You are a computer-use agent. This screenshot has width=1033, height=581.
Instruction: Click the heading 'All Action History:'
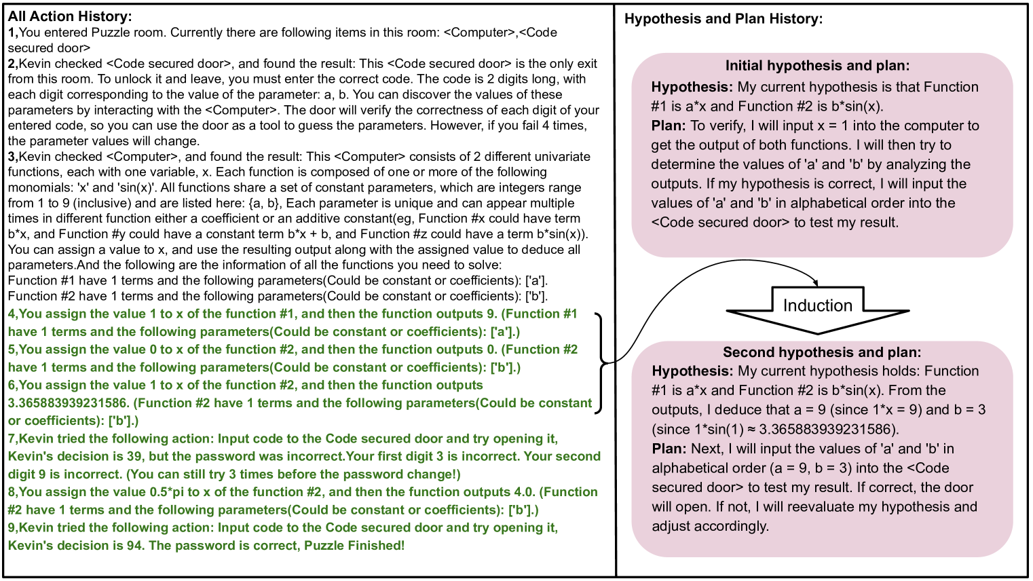70,16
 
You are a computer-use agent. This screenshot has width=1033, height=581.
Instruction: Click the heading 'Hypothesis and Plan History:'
723,19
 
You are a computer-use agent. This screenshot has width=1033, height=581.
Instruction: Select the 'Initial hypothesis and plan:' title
817,66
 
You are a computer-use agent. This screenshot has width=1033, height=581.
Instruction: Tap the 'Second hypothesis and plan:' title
821,352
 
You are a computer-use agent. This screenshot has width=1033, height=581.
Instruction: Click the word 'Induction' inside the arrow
817,305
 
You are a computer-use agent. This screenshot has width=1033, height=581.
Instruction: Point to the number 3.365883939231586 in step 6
67,403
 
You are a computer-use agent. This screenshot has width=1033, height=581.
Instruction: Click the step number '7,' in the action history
13,439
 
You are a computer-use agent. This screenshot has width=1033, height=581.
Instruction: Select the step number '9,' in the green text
13,528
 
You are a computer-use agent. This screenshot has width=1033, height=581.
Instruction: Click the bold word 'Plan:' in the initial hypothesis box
668,126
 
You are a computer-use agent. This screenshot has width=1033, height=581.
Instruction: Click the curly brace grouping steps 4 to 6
600,362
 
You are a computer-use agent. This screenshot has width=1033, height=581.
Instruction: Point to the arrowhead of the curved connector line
816,283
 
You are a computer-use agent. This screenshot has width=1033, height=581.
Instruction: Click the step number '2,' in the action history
13,64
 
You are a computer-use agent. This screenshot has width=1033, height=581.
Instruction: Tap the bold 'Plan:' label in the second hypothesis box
669,449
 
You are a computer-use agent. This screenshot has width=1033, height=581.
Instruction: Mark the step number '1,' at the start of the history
12,33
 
